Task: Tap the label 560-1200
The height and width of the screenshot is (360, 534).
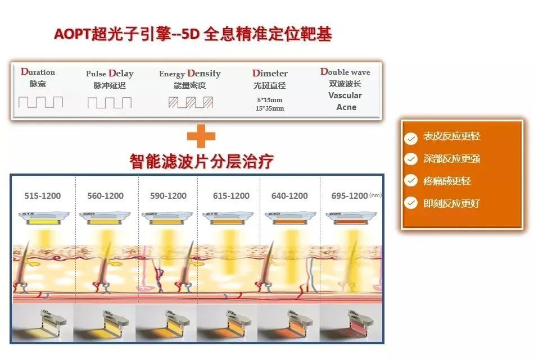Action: pos(105,196)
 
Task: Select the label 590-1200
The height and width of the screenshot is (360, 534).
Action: pos(168,196)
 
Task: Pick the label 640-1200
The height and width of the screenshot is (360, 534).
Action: pos(289,196)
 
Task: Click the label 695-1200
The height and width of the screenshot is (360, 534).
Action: pos(349,196)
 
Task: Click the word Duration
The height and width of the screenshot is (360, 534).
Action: pos(38,72)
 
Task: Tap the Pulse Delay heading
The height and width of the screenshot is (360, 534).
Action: pos(110,74)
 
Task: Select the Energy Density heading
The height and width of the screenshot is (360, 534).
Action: pos(189,74)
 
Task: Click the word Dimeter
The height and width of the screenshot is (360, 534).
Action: pos(270,74)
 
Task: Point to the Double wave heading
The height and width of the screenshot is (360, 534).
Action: pos(345,72)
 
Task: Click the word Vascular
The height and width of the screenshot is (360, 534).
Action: pos(345,95)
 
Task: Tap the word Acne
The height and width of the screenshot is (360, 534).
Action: pos(346,107)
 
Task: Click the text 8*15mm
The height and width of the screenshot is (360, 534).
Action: pos(270,99)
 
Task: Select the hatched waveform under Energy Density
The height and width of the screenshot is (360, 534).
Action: pos(191,102)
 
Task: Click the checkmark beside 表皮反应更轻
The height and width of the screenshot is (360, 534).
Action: pos(411,138)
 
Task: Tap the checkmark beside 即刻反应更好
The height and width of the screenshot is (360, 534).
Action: pos(411,203)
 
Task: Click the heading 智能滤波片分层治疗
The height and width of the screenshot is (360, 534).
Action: pos(201,162)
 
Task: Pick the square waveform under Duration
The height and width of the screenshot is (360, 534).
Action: pos(40,102)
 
